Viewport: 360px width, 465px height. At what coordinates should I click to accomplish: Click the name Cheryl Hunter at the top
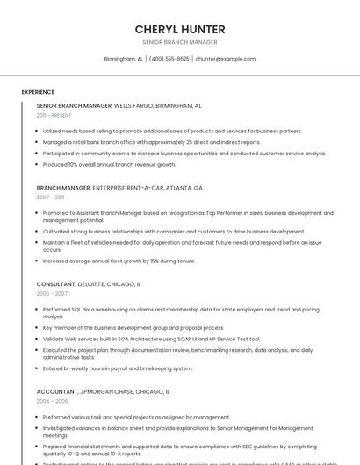(x=180, y=29)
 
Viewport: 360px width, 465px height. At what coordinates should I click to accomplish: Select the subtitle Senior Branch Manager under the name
(x=180, y=42)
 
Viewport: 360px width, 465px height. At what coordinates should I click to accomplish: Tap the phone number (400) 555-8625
(x=169, y=59)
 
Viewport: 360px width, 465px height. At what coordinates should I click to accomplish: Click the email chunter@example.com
(x=226, y=59)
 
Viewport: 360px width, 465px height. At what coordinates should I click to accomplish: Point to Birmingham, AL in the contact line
(x=123, y=59)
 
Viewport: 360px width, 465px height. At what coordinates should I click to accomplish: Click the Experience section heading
(x=38, y=92)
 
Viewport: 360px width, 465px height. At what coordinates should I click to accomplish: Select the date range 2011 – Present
(x=54, y=115)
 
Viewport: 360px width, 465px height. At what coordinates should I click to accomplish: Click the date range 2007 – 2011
(x=50, y=197)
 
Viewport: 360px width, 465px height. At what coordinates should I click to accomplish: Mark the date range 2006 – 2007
(x=52, y=294)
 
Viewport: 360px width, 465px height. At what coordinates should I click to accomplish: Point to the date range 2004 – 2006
(x=52, y=401)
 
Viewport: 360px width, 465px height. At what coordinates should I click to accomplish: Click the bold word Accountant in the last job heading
(x=57, y=391)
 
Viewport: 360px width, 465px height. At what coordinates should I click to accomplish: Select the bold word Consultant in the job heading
(x=56, y=284)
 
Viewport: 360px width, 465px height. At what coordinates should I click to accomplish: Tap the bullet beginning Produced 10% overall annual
(x=109, y=164)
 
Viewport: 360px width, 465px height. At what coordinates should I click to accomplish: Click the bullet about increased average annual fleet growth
(x=119, y=261)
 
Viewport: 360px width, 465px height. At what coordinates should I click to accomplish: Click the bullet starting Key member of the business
(x=133, y=328)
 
